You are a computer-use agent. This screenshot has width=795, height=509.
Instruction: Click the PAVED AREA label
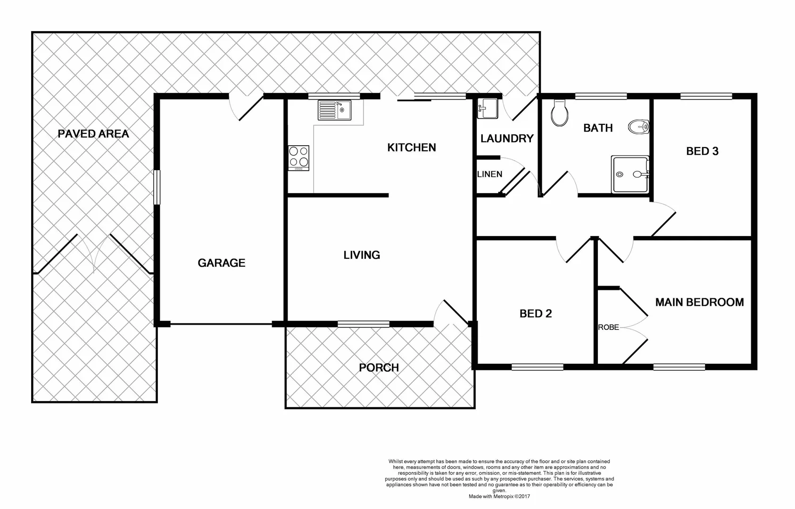tap(93, 134)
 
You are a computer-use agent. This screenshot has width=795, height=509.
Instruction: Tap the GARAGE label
tap(221, 263)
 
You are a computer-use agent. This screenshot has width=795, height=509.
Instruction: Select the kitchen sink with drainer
tap(334, 110)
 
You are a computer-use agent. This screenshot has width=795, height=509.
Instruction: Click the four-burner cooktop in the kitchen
tap(299, 158)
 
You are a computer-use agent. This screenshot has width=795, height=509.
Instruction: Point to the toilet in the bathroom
tap(560, 114)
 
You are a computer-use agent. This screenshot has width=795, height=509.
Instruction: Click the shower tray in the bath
tap(630, 174)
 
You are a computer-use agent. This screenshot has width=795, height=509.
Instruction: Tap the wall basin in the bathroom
tap(639, 126)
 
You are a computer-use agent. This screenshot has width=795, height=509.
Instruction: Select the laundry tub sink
tap(488, 108)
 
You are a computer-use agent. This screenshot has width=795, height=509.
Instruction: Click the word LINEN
tap(489, 174)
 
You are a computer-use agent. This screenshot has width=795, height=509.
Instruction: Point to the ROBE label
tap(608, 327)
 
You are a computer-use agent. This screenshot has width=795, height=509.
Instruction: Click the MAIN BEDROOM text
tap(699, 302)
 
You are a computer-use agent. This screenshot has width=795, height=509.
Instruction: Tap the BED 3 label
tap(702, 151)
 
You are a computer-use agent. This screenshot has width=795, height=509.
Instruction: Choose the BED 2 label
tap(535, 314)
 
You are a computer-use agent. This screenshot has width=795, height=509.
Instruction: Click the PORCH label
tap(379, 368)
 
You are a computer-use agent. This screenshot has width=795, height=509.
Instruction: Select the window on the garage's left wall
tap(157, 187)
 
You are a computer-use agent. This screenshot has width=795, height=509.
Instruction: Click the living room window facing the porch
tap(364, 324)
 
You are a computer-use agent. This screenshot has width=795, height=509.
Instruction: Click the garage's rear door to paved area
tap(246, 106)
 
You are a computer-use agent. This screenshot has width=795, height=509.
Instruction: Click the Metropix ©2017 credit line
tap(499, 496)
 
